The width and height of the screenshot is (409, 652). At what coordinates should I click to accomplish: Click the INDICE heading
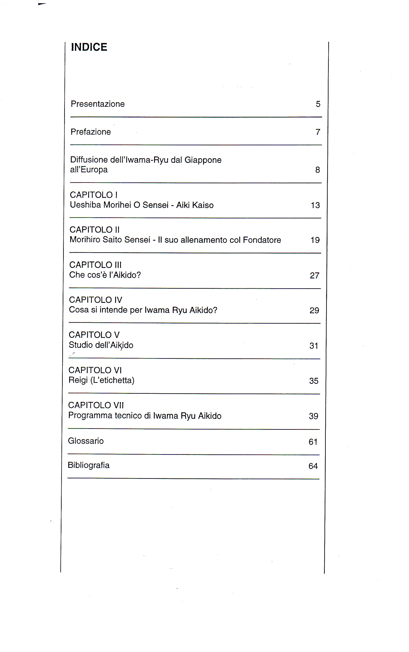coord(89,47)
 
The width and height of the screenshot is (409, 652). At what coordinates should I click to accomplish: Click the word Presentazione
coord(98,104)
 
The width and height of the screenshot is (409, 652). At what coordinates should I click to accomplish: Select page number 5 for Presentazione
coord(318,104)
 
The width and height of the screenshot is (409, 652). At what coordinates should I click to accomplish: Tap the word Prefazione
coord(91,132)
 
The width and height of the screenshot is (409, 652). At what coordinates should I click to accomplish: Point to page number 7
coord(318,132)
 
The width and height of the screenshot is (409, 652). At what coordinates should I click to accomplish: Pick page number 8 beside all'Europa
coord(317,170)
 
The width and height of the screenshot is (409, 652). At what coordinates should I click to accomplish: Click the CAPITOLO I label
coord(94,195)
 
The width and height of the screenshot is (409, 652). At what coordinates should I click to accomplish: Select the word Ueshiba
coord(85,205)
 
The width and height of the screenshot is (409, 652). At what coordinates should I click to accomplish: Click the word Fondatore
coord(262,240)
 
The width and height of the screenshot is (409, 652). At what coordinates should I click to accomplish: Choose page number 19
coord(315,240)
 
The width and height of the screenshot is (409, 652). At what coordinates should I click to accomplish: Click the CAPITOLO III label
coord(95,265)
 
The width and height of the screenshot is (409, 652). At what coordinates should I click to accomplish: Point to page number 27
coord(314,276)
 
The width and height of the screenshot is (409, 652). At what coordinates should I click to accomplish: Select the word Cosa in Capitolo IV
coord(79,310)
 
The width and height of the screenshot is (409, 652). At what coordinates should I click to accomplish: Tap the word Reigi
coord(78,380)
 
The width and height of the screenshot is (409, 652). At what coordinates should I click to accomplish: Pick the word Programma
coord(90,415)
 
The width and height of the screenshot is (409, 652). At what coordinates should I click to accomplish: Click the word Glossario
coord(86,441)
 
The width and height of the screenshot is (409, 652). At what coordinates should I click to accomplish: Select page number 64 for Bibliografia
coord(313,466)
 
